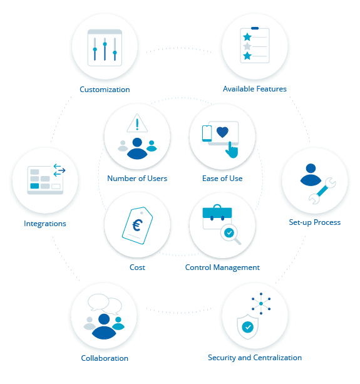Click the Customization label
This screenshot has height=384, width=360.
click(x=105, y=90)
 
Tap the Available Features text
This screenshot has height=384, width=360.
click(x=255, y=89)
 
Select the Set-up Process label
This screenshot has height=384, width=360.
click(x=315, y=222)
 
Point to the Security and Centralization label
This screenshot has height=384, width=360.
click(x=255, y=358)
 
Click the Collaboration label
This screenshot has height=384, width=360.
click(x=105, y=358)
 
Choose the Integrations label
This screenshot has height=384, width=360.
click(x=45, y=224)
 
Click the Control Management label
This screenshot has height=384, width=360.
click(x=222, y=267)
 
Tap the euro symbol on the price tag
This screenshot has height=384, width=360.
click(x=138, y=225)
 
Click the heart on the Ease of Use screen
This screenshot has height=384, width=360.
click(x=222, y=132)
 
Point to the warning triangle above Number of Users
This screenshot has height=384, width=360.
click(x=137, y=123)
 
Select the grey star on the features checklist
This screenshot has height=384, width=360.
click(x=247, y=46)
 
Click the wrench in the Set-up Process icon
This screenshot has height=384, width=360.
click(x=322, y=191)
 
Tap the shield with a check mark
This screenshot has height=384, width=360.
click(x=248, y=327)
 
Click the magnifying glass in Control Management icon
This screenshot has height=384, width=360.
click(x=230, y=234)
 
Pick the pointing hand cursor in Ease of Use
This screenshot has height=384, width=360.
click(x=232, y=150)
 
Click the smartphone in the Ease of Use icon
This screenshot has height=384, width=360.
click(x=207, y=133)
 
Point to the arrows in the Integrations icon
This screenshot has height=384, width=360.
click(x=59, y=170)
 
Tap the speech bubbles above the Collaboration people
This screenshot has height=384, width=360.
click(x=105, y=304)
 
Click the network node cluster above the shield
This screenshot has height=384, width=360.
click(x=261, y=304)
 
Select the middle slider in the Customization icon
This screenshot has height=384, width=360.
click(x=105, y=49)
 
